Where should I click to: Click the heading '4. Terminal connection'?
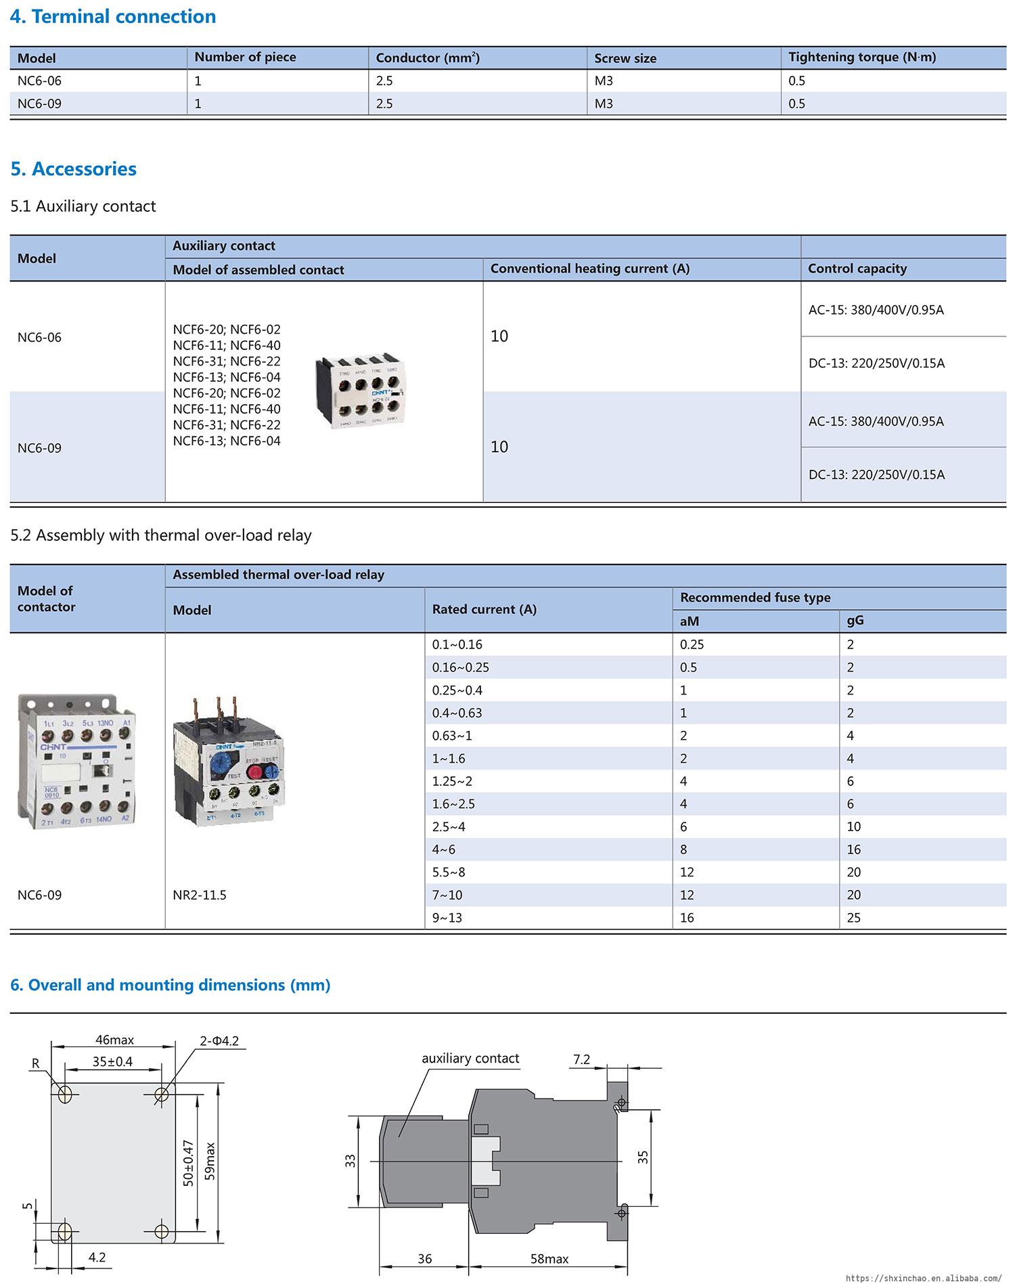click(x=113, y=16)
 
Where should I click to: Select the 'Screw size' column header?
click(x=625, y=58)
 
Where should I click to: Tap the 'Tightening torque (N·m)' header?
click(x=861, y=58)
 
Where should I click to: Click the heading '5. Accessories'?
click(x=73, y=169)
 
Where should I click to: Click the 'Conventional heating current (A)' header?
click(x=589, y=269)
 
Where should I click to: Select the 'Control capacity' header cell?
click(x=857, y=269)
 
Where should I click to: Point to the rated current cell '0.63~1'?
click(x=452, y=736)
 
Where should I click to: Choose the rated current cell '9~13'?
click(x=447, y=918)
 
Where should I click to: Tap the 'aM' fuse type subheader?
click(x=689, y=621)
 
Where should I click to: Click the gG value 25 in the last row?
click(x=854, y=918)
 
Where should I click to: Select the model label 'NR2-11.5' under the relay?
click(x=200, y=895)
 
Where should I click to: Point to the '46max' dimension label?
click(x=114, y=1040)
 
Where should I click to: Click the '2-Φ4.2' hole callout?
click(x=219, y=1041)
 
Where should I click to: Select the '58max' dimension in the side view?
click(x=549, y=1259)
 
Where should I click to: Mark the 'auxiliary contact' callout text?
click(x=470, y=1058)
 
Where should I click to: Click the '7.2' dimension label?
click(x=582, y=1059)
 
